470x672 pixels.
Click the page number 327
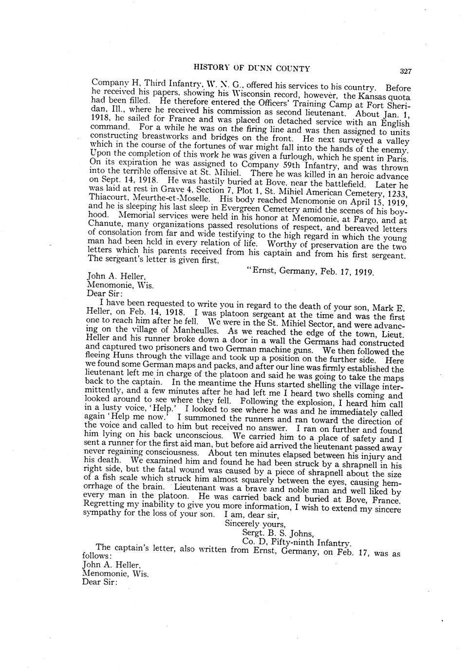[x=406, y=71]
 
